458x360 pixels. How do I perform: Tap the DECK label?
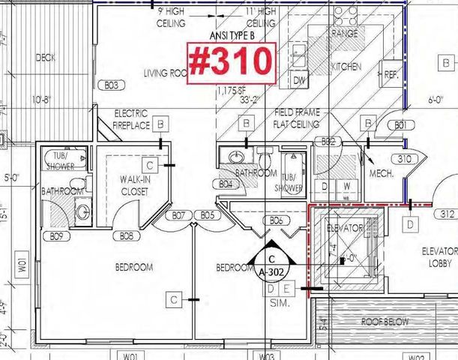45,58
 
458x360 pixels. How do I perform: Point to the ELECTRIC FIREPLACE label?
131,119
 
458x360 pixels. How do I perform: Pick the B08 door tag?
127,235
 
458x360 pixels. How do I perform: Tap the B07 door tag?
178,215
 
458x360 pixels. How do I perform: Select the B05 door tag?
207,215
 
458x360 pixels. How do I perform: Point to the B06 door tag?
275,220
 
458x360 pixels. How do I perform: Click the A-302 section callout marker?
271,267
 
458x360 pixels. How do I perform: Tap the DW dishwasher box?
299,80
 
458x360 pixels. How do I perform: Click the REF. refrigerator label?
392,75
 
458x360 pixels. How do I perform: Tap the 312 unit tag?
448,213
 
